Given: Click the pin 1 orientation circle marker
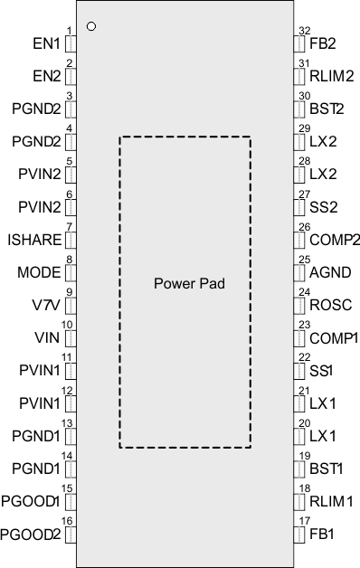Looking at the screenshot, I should click(90, 26).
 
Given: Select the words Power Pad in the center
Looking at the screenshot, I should click(188, 283).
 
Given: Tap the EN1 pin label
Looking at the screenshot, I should click(45, 43).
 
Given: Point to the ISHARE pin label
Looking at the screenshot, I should click(33, 240).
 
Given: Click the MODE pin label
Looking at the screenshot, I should click(39, 272).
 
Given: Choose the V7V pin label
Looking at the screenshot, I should click(45, 305).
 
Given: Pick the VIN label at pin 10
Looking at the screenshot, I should click(48, 337).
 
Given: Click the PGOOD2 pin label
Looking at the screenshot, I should click(31, 534).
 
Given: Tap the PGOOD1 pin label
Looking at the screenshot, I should click(31, 501).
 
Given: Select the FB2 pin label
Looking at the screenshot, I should click(323, 43).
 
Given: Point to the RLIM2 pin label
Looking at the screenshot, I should click(327, 76).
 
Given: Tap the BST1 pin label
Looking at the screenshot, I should click(326, 469).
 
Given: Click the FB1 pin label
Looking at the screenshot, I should click(322, 534).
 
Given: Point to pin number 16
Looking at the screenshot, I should click(66, 522).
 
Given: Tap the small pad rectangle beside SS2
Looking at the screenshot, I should click(300, 207).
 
